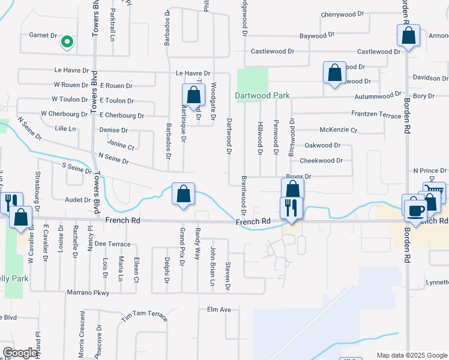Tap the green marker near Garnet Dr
[67, 42]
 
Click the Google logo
[19, 353]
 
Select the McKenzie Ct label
[339, 130]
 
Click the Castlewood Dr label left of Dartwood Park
[275, 52]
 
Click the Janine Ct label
[121, 145]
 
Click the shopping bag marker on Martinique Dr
[193, 95]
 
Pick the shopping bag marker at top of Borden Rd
[408, 35]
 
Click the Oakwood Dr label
[322, 145]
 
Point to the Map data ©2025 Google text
[412, 355]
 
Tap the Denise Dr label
[114, 130]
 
